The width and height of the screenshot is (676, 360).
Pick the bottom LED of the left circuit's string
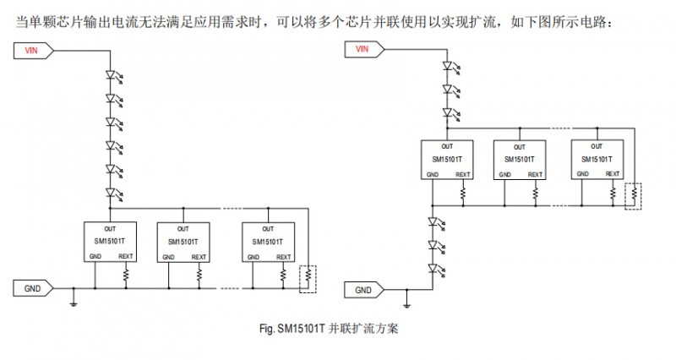(x=109, y=194)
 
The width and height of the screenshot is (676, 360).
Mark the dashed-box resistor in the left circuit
(x=309, y=277)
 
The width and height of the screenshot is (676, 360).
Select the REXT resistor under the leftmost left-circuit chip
(x=126, y=275)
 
